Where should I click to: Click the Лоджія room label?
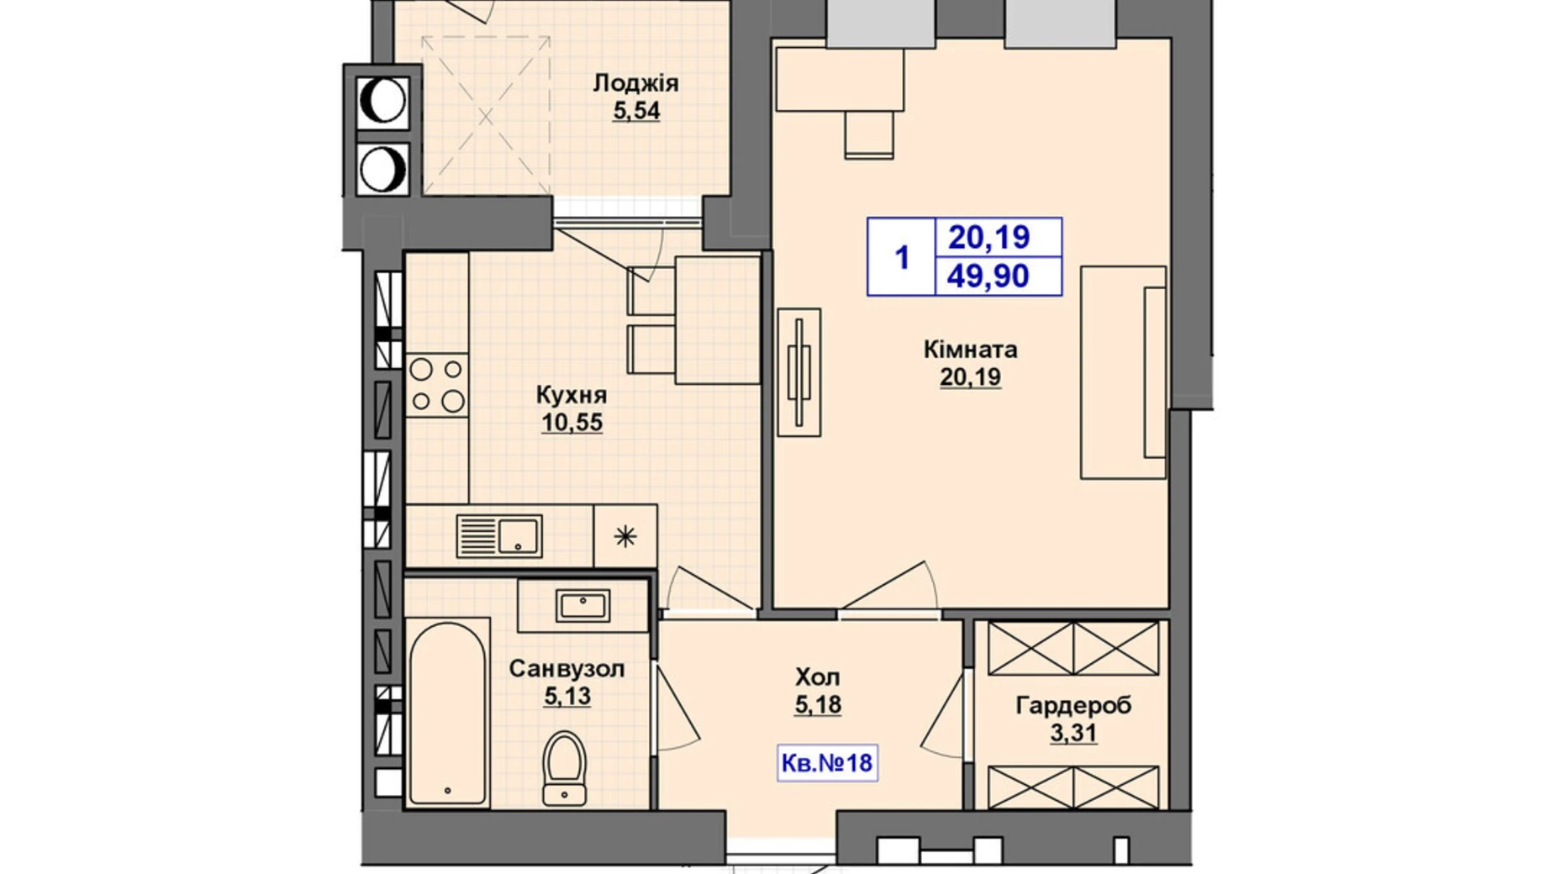635,84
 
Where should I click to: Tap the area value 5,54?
636,111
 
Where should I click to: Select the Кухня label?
572,395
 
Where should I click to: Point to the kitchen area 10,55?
572,422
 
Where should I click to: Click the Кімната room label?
970,349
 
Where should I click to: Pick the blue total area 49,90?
988,276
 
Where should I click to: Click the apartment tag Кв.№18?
827,764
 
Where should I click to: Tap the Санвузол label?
567,669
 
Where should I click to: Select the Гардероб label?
1073,705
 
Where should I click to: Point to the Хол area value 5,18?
818,704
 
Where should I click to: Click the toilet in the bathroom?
564,768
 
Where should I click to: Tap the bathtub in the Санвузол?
447,713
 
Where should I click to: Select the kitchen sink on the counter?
499,536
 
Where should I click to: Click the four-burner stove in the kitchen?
437,385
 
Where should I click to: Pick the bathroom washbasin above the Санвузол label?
583,605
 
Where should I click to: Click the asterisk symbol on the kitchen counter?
625,536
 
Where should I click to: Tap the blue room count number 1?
903,257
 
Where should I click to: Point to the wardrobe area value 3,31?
1073,734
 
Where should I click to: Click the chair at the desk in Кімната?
869,134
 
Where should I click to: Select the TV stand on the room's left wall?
799,372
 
